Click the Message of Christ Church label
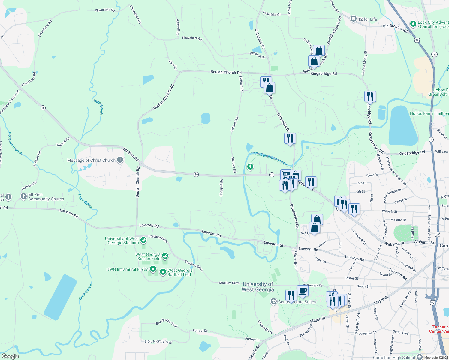[x=91, y=160]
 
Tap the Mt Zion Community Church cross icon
[x=24, y=196]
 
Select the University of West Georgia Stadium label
[x=122, y=241]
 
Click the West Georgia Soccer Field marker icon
[x=165, y=256]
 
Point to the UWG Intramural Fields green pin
[x=153, y=269]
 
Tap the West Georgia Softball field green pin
[x=163, y=272]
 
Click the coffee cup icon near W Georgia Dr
[x=303, y=290]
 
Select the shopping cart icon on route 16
[x=286, y=174]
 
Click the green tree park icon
[x=250, y=166]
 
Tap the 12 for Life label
[x=367, y=19]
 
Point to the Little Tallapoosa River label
[x=269, y=158]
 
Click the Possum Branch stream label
[x=15, y=143]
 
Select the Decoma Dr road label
[x=258, y=55]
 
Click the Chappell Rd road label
[x=221, y=188]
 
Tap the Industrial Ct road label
[x=271, y=14]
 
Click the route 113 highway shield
[x=434, y=54]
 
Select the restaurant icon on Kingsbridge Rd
[x=370, y=96]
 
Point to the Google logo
[x=10, y=356]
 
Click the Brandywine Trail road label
[x=167, y=322]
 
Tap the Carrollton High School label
[x=394, y=358]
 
